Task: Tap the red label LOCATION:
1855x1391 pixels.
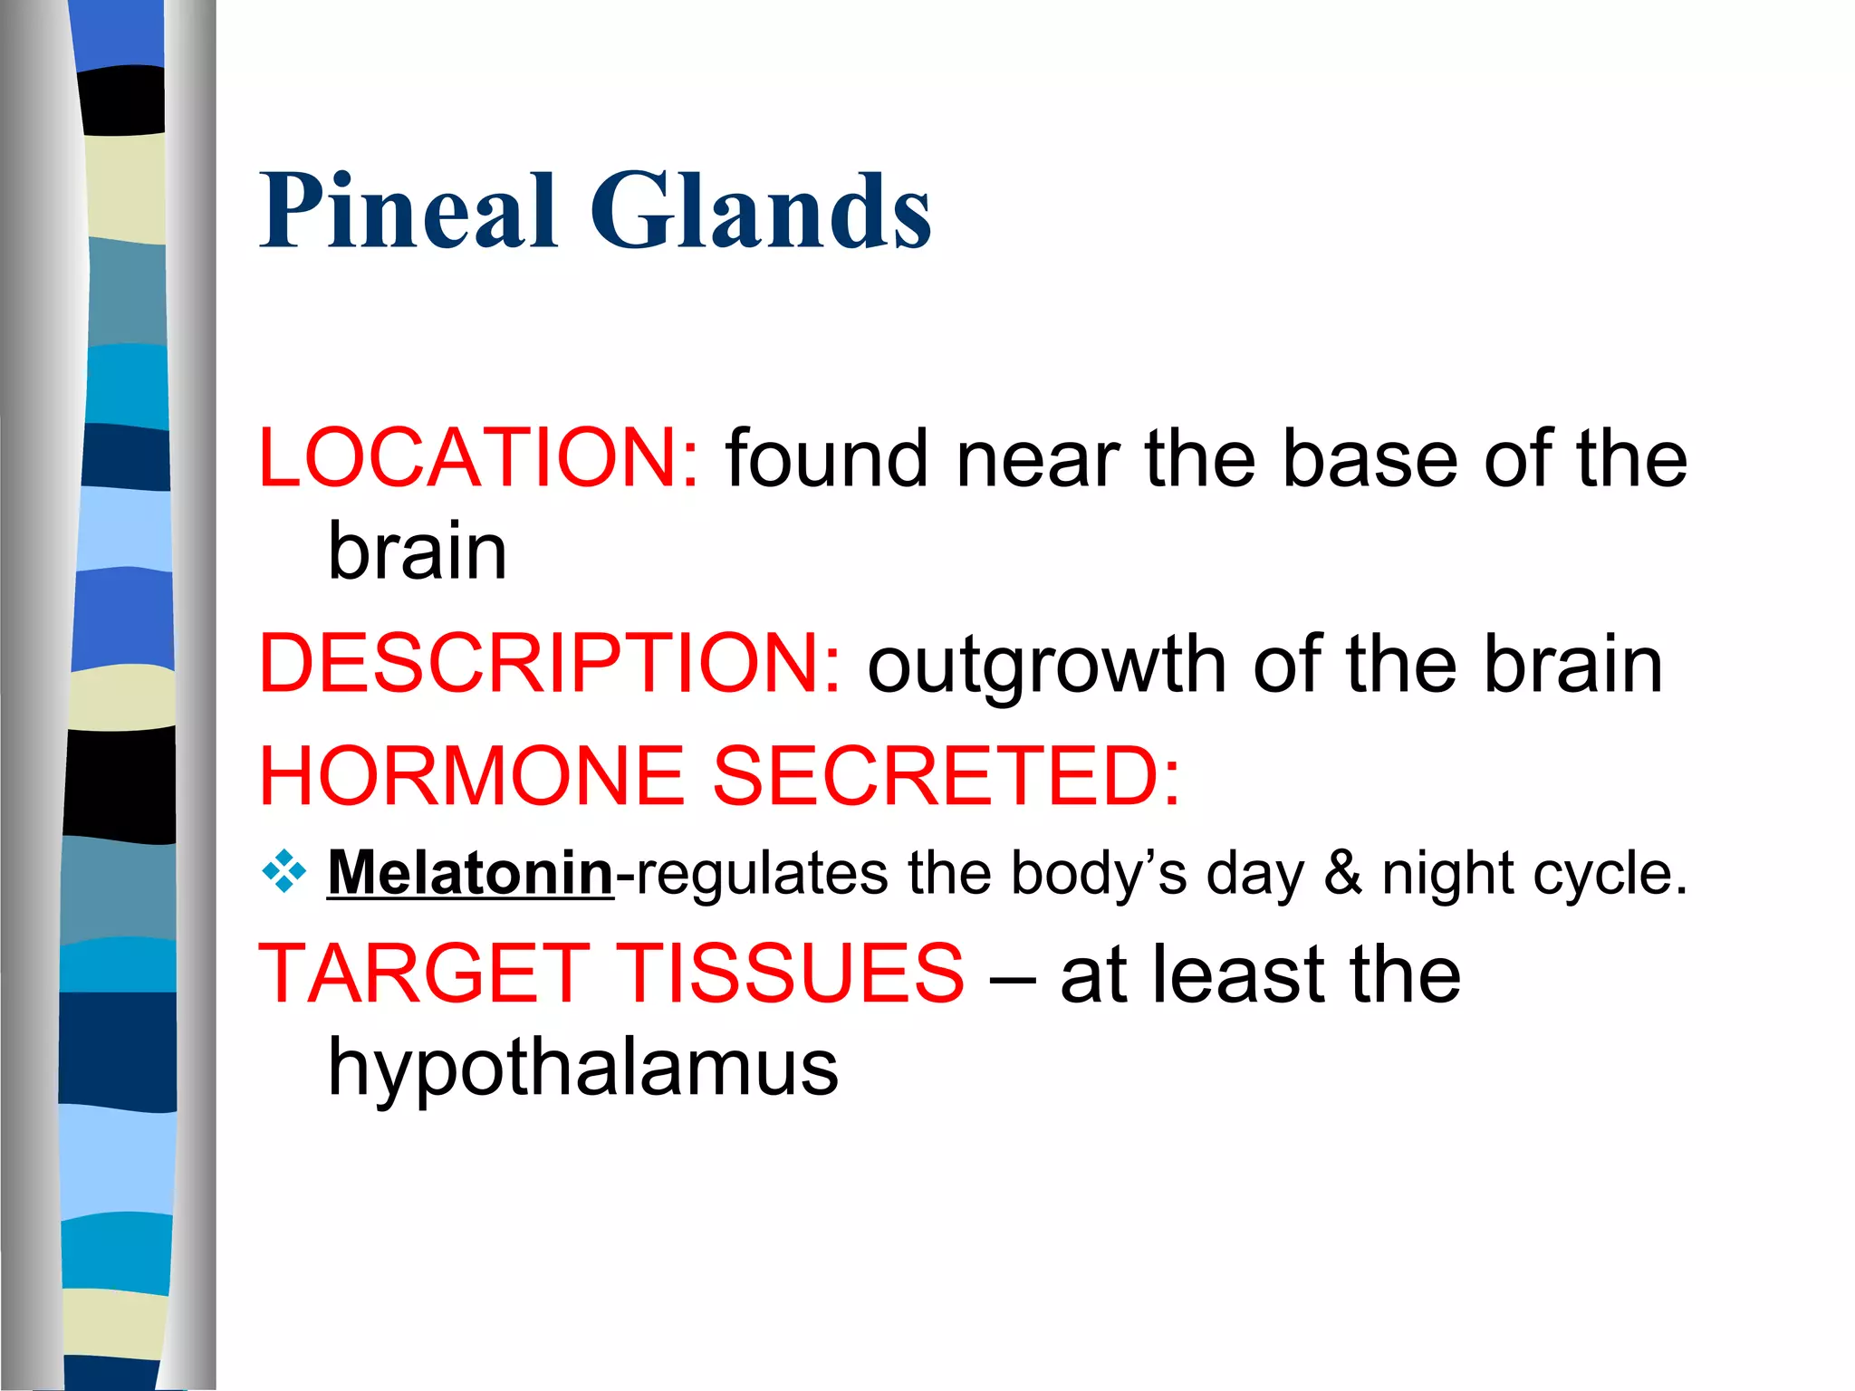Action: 478,458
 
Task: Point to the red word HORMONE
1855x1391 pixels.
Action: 471,776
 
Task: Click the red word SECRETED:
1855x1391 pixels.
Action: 947,776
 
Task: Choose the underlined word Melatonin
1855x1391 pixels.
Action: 470,873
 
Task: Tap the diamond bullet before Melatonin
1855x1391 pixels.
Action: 284,872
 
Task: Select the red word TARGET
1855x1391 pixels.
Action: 424,974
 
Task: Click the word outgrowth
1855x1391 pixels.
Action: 1047,666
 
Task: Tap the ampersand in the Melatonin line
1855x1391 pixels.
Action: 1343,873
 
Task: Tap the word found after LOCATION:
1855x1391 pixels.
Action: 827,458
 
